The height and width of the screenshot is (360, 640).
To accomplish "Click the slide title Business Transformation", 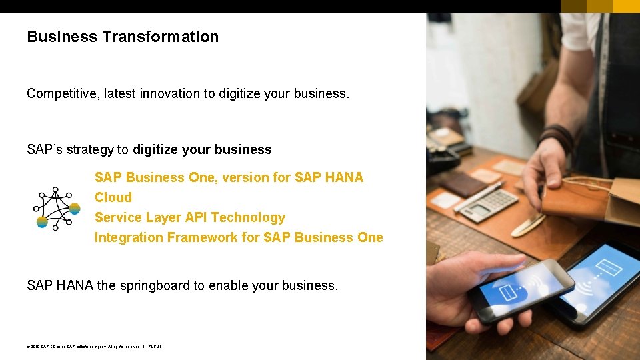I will pyautogui.click(x=123, y=37).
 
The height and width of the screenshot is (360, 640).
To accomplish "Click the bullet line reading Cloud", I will pyautogui.click(x=113, y=197).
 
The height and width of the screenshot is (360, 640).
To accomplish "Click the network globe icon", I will pyautogui.click(x=57, y=208).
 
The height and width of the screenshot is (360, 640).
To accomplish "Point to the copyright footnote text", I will pyautogui.click(x=93, y=347).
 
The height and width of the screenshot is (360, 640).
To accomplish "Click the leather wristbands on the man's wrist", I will pyautogui.click(x=556, y=137).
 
